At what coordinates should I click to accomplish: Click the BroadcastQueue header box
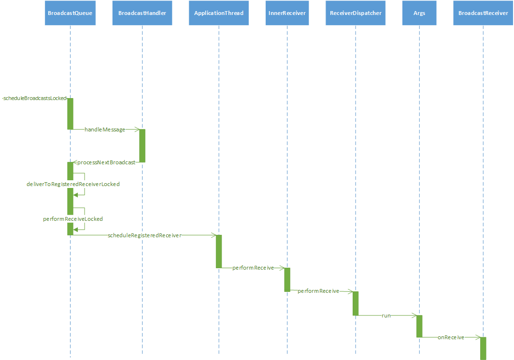click(70, 13)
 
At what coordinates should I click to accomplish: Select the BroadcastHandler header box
click(142, 13)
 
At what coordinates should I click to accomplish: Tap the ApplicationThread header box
click(219, 13)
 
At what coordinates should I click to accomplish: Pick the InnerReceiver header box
click(287, 13)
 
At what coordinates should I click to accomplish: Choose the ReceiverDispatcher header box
click(356, 13)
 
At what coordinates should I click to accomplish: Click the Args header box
click(419, 13)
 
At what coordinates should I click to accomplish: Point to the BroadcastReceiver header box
click(483, 13)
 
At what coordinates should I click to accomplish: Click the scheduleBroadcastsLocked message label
click(34, 98)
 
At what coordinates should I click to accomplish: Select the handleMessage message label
click(105, 130)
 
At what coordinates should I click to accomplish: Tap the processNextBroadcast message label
click(106, 162)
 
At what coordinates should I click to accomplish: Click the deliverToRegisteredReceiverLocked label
click(73, 184)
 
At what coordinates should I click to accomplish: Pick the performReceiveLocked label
click(73, 219)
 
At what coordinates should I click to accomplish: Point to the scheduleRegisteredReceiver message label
click(144, 235)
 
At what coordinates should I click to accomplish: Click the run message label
click(386, 316)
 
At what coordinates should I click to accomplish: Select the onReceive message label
click(451, 337)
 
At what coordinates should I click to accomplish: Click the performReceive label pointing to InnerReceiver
click(253, 268)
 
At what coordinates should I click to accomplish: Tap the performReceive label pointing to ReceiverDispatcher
click(318, 291)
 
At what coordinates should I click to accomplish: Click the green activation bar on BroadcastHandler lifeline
click(142, 145)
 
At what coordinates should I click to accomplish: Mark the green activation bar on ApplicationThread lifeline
click(219, 251)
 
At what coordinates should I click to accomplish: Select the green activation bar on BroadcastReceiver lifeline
click(483, 348)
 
